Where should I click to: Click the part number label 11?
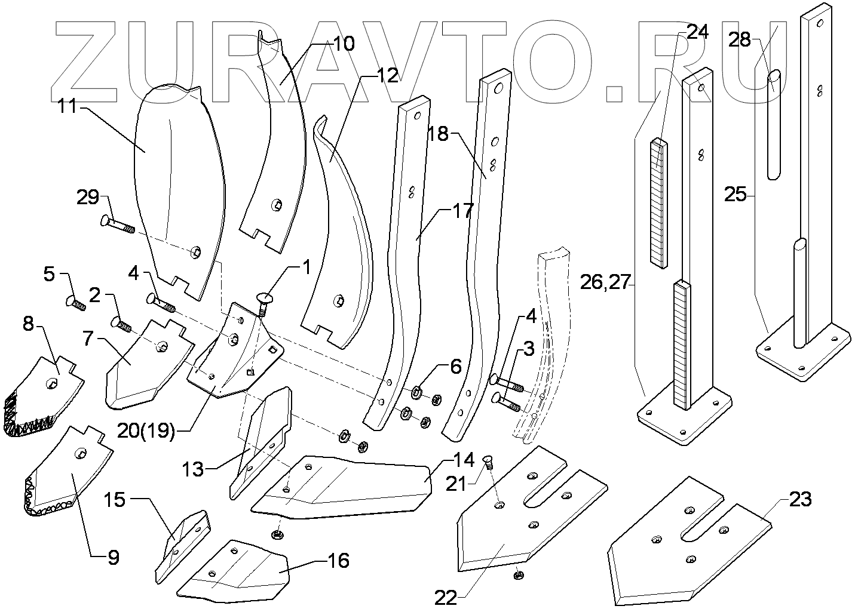pyautogui.click(x=67, y=106)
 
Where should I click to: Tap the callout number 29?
pyautogui.click(x=88, y=198)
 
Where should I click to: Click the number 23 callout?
pyautogui.click(x=801, y=499)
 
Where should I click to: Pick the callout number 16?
pyautogui.click(x=339, y=561)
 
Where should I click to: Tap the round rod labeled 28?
pyautogui.click(x=774, y=124)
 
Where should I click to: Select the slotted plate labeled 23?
pyautogui.click(x=690, y=541)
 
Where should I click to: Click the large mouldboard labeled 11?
pyautogui.click(x=178, y=191)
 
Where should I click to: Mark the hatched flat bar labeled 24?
pyautogui.click(x=659, y=203)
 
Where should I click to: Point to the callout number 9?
pyautogui.click(x=114, y=558)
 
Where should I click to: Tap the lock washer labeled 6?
pyautogui.click(x=417, y=392)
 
